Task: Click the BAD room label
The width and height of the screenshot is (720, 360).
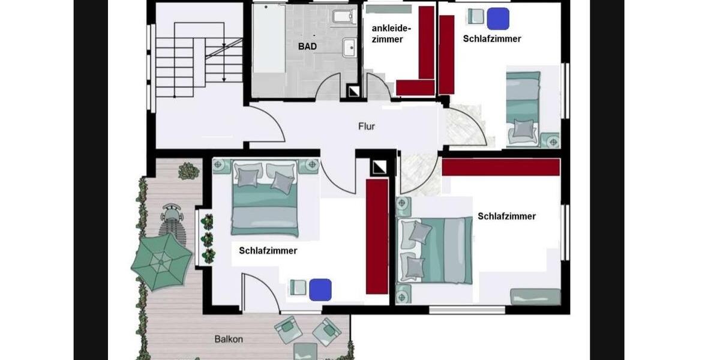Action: point(307,46)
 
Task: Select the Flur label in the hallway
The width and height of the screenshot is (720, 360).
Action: point(367,126)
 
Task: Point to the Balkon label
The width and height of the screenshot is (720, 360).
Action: point(229,339)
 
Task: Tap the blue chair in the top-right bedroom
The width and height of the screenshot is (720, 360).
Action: point(497,19)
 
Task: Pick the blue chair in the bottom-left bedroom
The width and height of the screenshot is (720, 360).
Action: point(320,289)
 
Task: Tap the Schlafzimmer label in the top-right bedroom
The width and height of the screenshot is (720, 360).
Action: point(492,39)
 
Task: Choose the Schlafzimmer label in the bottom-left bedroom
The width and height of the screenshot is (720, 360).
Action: point(268,251)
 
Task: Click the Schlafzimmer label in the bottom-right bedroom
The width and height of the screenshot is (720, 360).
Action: point(506,216)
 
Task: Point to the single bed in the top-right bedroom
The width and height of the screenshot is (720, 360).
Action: point(523,108)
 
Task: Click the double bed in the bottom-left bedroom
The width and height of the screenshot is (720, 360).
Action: point(265,198)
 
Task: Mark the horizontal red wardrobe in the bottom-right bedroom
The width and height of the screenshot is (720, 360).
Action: point(500,167)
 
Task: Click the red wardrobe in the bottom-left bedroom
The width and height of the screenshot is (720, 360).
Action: point(377,236)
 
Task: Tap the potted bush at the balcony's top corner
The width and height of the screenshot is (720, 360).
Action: point(188,171)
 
